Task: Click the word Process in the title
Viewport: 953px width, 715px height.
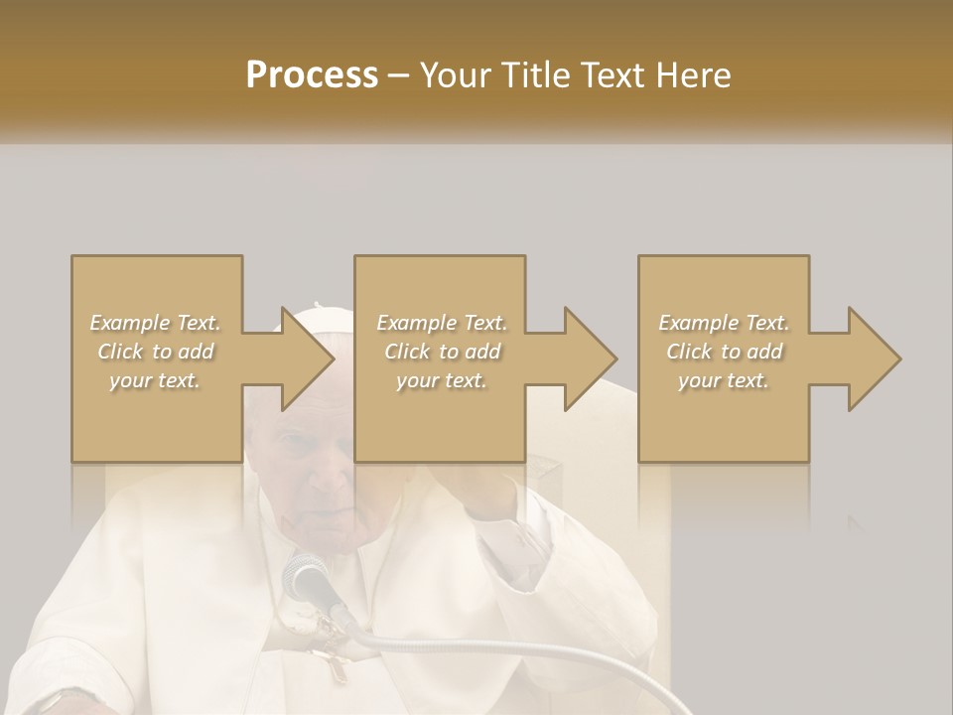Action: [x=312, y=74]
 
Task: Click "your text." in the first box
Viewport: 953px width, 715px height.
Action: [x=156, y=380]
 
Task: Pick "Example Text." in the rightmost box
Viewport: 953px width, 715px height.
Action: [x=724, y=323]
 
